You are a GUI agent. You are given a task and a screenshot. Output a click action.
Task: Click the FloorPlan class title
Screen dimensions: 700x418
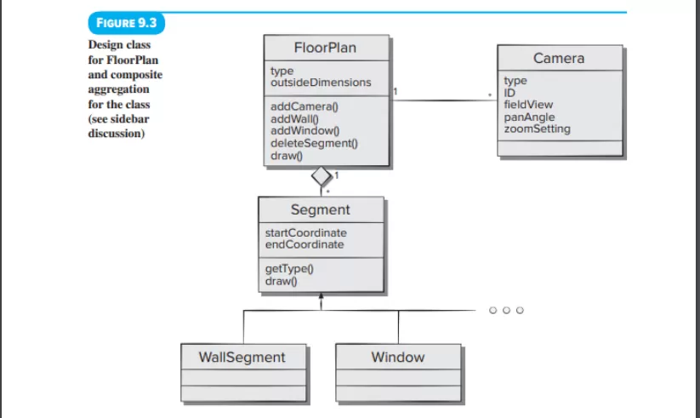325,48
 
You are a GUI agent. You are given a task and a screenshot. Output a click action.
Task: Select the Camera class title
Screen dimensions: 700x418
559,58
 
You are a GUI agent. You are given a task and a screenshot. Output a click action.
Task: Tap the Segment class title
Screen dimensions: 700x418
320,209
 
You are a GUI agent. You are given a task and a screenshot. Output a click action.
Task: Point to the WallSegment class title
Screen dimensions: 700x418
242,358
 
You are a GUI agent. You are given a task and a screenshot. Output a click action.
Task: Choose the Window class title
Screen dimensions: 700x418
398,358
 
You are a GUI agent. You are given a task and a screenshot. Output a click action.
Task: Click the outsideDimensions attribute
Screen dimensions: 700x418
321,83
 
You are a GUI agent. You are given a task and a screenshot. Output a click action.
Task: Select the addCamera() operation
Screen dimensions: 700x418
304,107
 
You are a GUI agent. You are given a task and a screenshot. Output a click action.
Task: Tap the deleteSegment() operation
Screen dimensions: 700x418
314,144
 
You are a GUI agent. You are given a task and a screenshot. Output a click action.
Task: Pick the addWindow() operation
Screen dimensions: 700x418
304,131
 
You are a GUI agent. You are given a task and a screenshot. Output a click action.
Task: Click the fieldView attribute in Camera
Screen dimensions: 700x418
528,105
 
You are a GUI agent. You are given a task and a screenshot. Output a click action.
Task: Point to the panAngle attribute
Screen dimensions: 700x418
529,117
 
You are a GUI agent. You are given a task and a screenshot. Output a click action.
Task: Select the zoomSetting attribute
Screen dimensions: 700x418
537,129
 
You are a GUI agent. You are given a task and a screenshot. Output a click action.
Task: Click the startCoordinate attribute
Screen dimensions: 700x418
306,233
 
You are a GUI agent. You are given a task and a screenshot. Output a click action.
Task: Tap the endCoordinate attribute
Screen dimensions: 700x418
304,244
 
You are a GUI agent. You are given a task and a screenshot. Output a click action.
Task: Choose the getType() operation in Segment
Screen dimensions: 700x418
289,269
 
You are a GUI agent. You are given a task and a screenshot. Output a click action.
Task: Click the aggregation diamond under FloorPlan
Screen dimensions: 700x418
322,176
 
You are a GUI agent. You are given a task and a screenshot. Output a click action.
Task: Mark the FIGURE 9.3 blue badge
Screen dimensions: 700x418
127,23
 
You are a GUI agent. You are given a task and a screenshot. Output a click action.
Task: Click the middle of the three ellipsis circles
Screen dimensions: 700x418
506,310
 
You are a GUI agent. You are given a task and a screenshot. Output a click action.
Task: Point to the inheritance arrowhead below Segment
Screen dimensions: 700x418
321,296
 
